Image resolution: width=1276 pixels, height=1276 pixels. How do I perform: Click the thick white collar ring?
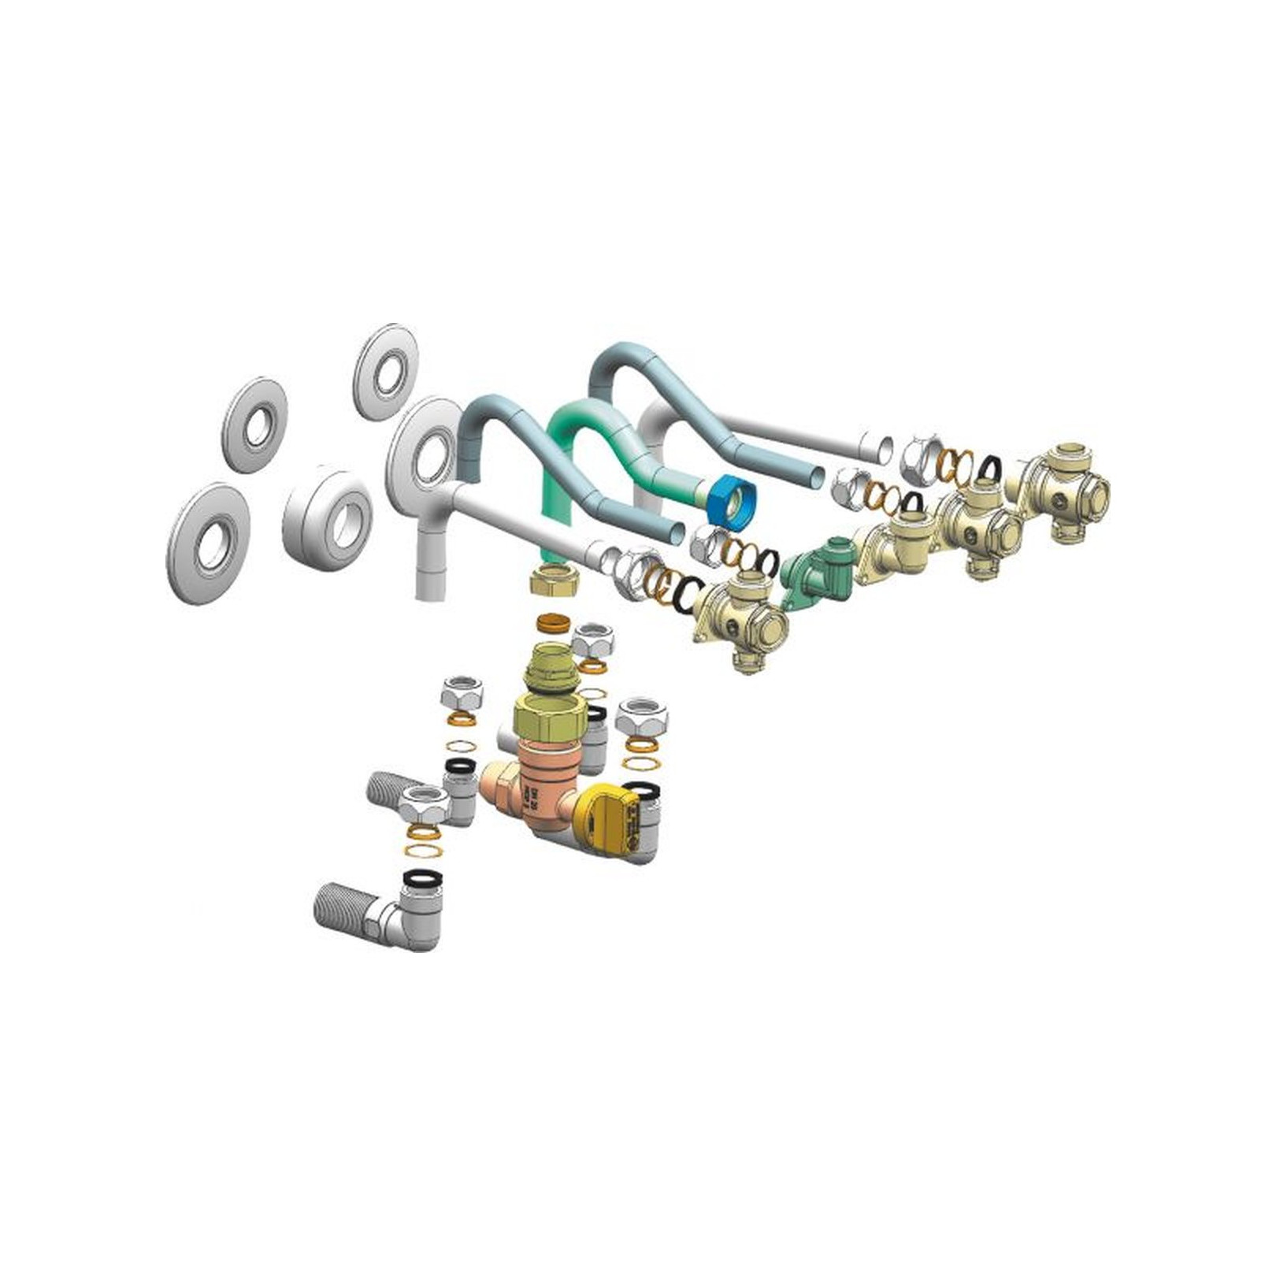click(x=327, y=516)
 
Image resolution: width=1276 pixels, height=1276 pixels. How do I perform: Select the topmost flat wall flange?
click(x=386, y=370)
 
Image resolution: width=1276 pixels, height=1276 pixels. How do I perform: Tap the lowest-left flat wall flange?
click(x=208, y=543)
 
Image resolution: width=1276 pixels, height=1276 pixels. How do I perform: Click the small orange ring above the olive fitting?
click(x=555, y=624)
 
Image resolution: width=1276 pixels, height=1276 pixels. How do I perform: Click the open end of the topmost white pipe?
click(x=881, y=450)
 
